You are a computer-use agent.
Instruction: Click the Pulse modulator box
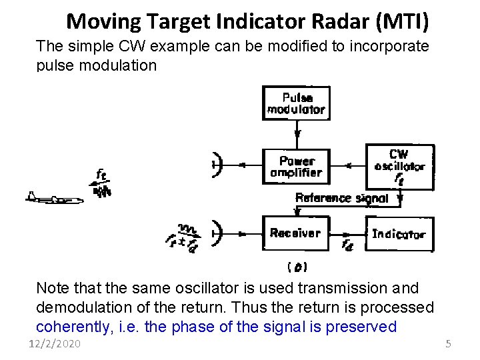click(x=295, y=103)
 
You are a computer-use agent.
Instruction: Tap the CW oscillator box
click(x=399, y=167)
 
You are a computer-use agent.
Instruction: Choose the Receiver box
click(x=295, y=233)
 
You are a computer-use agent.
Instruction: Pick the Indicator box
click(x=399, y=234)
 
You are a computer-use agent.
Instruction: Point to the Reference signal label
click(x=341, y=198)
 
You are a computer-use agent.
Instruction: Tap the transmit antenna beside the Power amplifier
click(x=216, y=165)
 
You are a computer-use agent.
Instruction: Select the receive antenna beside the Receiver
click(x=216, y=233)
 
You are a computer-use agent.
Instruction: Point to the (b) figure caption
click(x=297, y=267)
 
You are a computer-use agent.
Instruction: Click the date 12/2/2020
click(x=54, y=343)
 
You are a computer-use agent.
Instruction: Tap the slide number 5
click(x=448, y=343)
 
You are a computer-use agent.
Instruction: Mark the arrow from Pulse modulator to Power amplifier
click(x=297, y=134)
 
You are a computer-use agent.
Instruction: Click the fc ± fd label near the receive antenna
click(x=181, y=241)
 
